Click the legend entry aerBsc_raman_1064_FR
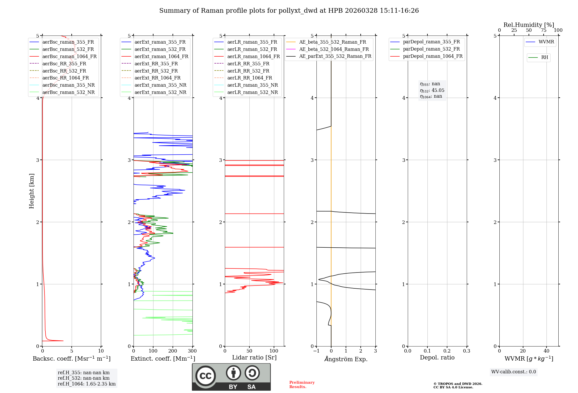click(69, 56)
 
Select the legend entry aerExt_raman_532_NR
click(160, 92)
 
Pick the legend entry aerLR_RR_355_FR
click(248, 64)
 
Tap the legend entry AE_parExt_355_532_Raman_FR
click(335, 56)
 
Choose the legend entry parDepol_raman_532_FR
click(431, 49)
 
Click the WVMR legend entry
click(546, 42)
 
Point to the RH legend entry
click(544, 58)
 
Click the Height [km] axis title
click(32, 191)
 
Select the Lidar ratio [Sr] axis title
click(254, 358)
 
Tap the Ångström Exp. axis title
click(346, 359)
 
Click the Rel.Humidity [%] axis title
click(529, 25)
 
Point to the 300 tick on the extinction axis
click(192, 351)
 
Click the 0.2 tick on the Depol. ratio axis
click(447, 351)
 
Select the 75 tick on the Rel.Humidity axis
click(544, 30)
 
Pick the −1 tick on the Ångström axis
click(316, 351)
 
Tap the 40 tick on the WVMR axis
click(546, 351)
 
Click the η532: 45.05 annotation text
click(432, 90)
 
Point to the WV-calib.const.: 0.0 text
click(514, 372)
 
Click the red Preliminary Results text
click(302, 385)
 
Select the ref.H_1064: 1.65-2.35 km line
click(87, 384)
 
